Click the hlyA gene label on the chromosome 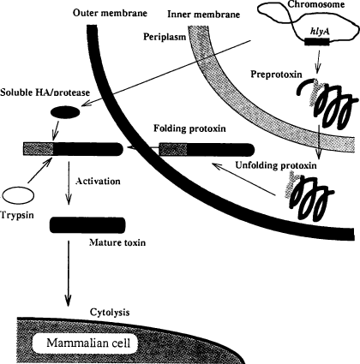pyautogui.click(x=320, y=32)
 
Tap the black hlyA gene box pyautogui.click(x=317, y=42)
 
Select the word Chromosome pyautogui.click(x=315, y=4)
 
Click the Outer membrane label pyautogui.click(x=110, y=13)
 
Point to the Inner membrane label pyautogui.click(x=203, y=15)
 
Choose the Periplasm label pyautogui.click(x=165, y=37)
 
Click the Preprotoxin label pyautogui.click(x=276, y=75)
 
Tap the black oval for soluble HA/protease pyautogui.click(x=65, y=112)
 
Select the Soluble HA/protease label pyautogui.click(x=45, y=92)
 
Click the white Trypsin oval pyautogui.click(x=18, y=196)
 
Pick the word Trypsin pyautogui.click(x=17, y=215)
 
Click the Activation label pyautogui.click(x=98, y=181)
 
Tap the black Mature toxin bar pyautogui.click(x=87, y=225)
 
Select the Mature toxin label pyautogui.click(x=117, y=242)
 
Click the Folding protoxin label pyautogui.click(x=189, y=128)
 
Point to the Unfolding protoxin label pyautogui.click(x=276, y=165)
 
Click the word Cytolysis pyautogui.click(x=110, y=313)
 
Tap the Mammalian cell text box pyautogui.click(x=88, y=343)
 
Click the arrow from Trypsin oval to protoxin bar pyautogui.click(x=39, y=170)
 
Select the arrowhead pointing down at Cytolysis pyautogui.click(x=68, y=301)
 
